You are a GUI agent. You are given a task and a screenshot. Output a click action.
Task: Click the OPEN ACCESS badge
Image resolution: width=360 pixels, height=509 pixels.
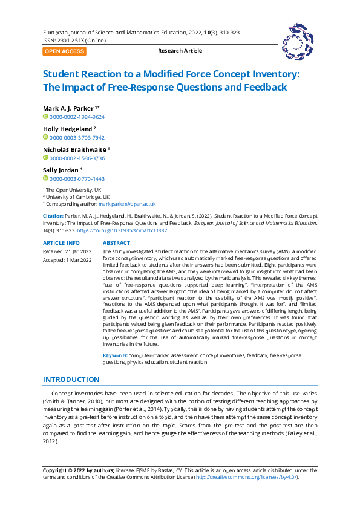point(64,51)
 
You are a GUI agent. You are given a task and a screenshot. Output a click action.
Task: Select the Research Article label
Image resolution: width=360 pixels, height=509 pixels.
point(180,51)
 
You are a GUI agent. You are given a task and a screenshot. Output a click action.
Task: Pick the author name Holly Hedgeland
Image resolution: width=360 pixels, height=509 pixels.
point(67,129)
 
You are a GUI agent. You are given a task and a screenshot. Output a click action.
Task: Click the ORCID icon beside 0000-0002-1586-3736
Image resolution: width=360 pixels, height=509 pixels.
point(45,158)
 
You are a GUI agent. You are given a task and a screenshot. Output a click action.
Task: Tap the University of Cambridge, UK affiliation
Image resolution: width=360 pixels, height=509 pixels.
point(78,197)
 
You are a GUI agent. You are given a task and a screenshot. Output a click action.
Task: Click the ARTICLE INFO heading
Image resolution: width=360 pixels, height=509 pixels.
point(61,242)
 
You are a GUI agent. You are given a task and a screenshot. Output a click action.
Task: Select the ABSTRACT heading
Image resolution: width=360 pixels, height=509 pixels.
point(117,242)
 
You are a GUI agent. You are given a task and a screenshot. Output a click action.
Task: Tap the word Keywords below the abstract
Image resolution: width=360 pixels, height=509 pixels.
point(115,356)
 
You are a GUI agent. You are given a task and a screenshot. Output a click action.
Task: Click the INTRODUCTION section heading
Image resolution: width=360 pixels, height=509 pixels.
point(71,380)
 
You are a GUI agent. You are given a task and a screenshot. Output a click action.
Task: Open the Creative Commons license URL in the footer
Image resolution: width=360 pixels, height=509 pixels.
point(246,477)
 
